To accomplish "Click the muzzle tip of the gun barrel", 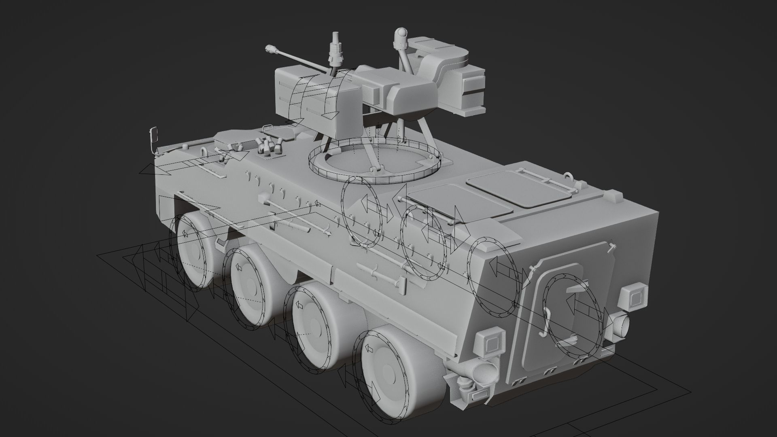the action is (269, 49).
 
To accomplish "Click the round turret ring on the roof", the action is (374, 162).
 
